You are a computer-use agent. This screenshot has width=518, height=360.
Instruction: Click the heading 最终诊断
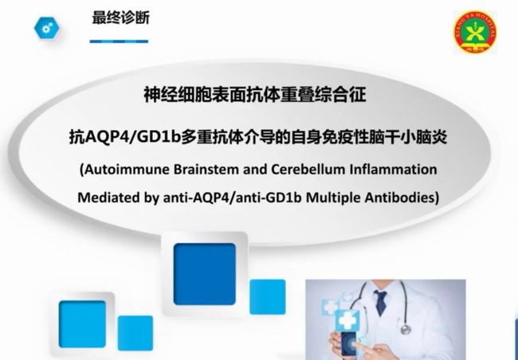click(x=120, y=18)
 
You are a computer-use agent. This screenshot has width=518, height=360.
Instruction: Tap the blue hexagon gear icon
click(x=46, y=29)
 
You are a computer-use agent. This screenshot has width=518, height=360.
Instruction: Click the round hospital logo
click(x=475, y=31)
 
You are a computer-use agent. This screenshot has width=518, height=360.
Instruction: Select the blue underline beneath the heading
click(x=119, y=41)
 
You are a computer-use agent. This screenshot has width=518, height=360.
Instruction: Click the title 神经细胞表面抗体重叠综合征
click(x=255, y=95)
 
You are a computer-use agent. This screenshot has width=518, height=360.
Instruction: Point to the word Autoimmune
click(x=126, y=170)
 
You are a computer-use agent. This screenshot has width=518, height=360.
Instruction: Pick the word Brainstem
click(x=206, y=170)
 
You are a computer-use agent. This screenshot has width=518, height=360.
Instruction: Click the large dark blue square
click(x=205, y=274)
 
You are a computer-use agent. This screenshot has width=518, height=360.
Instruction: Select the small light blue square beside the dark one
click(x=268, y=296)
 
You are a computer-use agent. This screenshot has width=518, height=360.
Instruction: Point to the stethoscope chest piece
click(x=406, y=329)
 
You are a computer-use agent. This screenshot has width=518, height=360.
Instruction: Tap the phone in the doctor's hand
click(x=350, y=344)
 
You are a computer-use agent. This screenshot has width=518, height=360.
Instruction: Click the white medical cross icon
click(x=347, y=319)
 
